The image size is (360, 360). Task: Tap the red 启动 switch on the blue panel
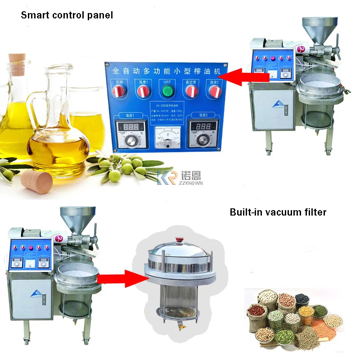(x=120, y=91)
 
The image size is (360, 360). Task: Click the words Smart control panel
(x=67, y=15)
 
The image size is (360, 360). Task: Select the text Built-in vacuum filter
(x=278, y=211)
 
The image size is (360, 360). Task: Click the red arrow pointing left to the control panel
(x=245, y=77)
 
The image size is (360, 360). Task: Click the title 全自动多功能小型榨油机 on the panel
(x=166, y=71)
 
